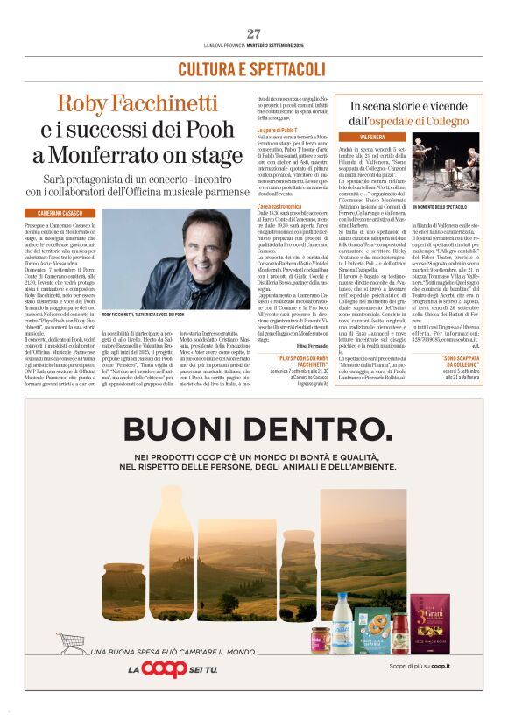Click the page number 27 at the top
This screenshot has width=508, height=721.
point(253,33)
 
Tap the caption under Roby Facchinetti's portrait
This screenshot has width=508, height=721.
point(144,314)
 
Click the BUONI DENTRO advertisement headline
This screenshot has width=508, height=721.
point(253,429)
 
